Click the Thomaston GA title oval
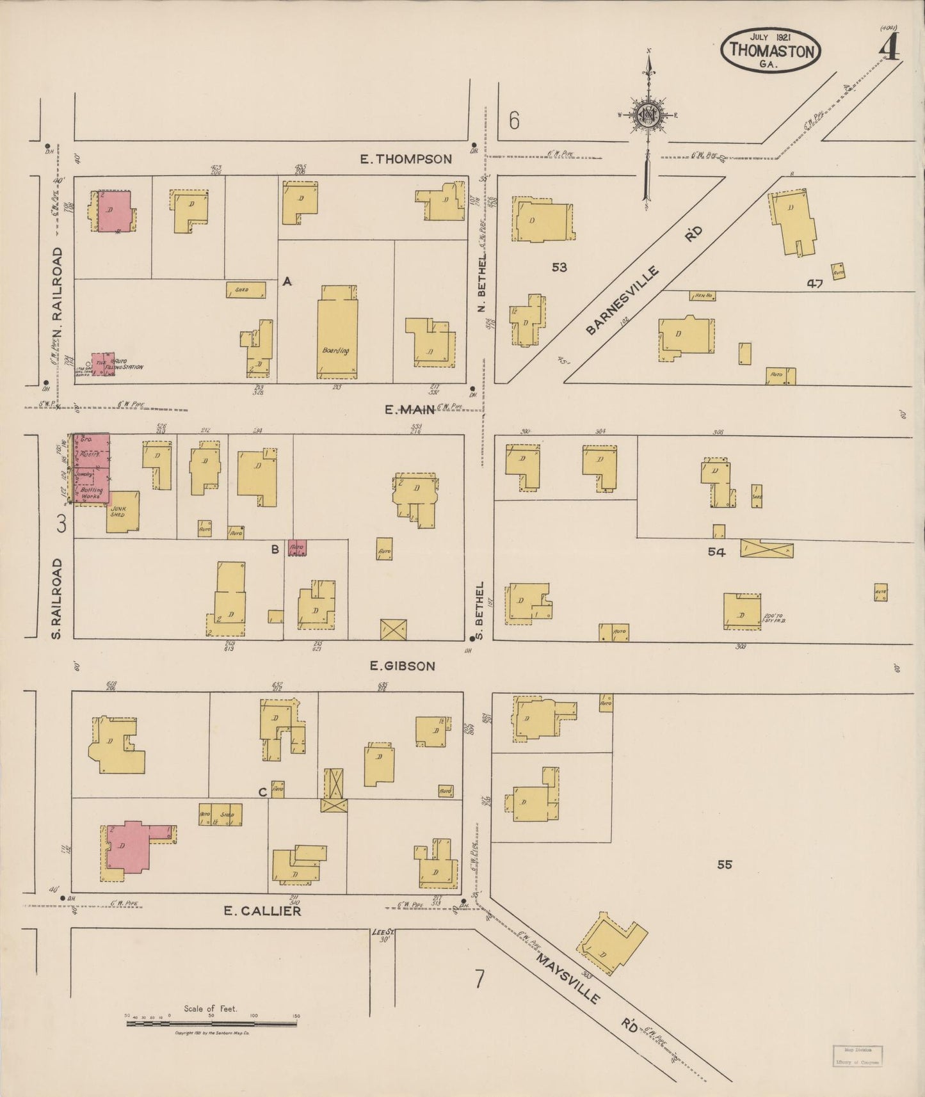click(771, 50)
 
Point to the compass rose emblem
click(648, 115)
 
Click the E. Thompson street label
click(406, 159)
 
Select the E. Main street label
click(410, 410)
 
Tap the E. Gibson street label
click(403, 666)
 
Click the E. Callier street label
click(262, 911)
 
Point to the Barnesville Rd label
click(643, 282)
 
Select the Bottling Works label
click(92, 493)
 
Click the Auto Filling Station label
click(128, 365)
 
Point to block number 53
click(559, 267)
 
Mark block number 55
click(724, 865)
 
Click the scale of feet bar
click(211, 1024)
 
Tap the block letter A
click(287, 281)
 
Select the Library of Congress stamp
click(857, 1055)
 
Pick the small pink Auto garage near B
click(297, 548)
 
